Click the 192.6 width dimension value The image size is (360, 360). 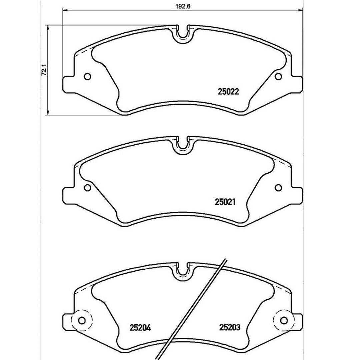click(183, 6)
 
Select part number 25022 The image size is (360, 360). click(228, 92)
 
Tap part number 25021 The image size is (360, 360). click(225, 202)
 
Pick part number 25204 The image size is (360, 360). click(140, 327)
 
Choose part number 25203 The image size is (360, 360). click(230, 327)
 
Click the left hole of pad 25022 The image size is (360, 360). click(87, 76)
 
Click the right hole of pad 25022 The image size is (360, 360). click(278, 76)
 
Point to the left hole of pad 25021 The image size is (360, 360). click(87, 188)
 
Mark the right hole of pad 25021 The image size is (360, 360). click(278, 188)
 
